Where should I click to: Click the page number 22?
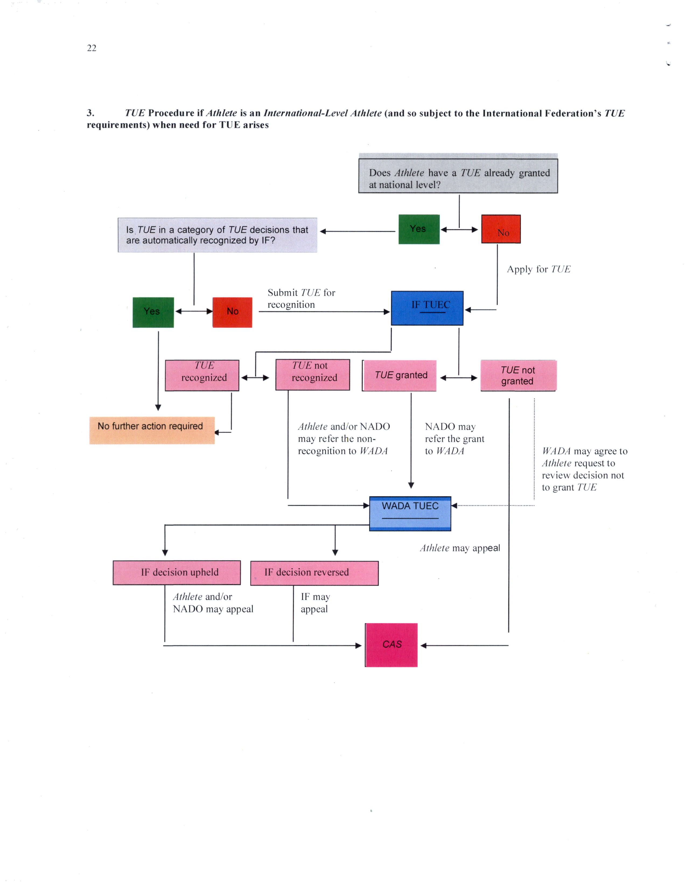pos(92,48)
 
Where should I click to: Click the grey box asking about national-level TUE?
pos(458,176)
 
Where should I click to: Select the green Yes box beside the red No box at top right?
pos(419,229)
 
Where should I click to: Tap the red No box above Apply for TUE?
pos(501,229)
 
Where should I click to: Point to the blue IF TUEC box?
pos(427,308)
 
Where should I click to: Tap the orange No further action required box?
pos(152,430)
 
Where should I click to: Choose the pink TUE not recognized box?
pos(313,375)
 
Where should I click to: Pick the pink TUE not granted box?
pos(518,376)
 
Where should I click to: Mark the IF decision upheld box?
pos(177,572)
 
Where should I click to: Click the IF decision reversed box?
pos(314,573)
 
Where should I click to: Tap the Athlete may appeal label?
pos(460,548)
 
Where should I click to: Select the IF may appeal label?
pos(315,603)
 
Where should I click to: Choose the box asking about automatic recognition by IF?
pos(218,235)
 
